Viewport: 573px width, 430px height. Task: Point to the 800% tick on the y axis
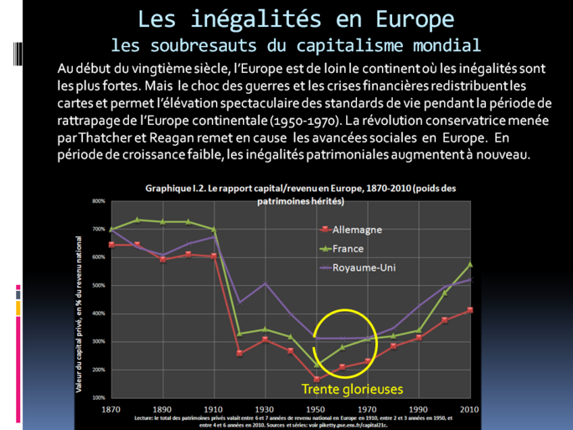[x=97, y=201]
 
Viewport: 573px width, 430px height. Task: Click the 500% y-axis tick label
[x=97, y=286]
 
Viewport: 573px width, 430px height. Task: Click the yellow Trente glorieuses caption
[x=353, y=390]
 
